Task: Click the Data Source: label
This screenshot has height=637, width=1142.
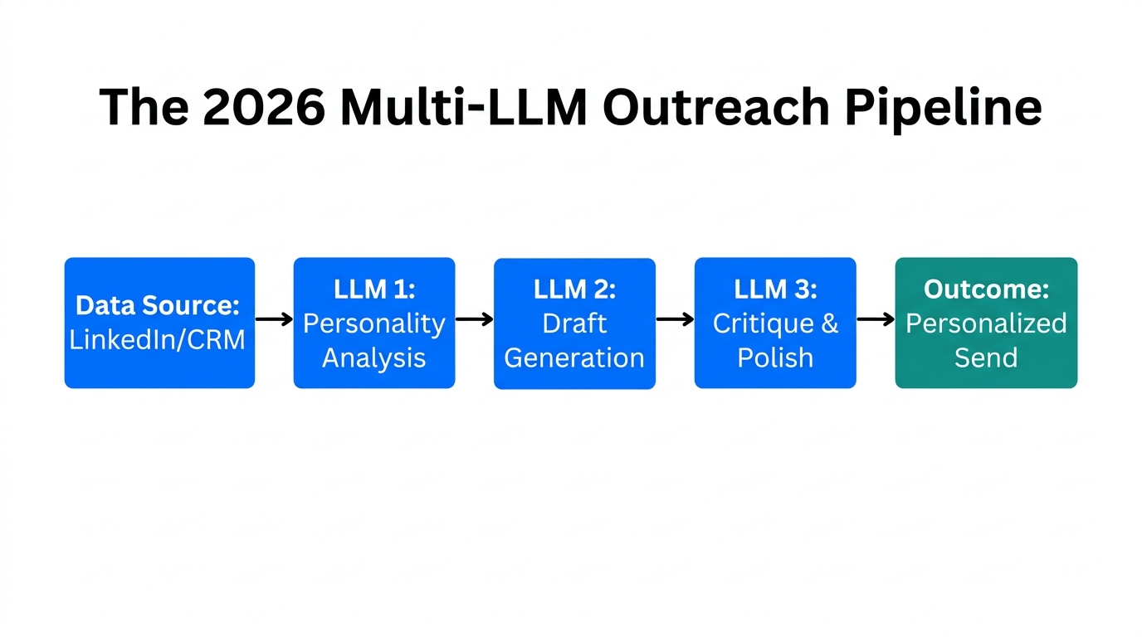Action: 158,306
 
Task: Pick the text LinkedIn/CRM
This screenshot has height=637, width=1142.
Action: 158,340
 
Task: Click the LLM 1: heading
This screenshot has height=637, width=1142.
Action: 373,289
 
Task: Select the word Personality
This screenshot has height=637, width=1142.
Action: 373,323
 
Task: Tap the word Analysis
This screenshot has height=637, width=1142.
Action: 373,358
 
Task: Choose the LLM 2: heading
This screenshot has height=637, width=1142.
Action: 574,289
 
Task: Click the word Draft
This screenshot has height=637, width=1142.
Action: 574,323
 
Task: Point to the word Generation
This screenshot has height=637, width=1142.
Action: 574,358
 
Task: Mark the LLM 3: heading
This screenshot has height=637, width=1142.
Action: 775,289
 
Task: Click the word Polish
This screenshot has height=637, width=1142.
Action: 775,358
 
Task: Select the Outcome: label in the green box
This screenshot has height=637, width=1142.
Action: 986,289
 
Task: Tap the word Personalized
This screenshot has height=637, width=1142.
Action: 986,323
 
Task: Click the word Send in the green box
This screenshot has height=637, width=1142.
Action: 986,358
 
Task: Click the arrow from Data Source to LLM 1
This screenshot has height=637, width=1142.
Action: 274,319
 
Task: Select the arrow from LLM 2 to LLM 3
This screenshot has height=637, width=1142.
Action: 675,319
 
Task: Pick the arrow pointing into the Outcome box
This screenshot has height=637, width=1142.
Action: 876,319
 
